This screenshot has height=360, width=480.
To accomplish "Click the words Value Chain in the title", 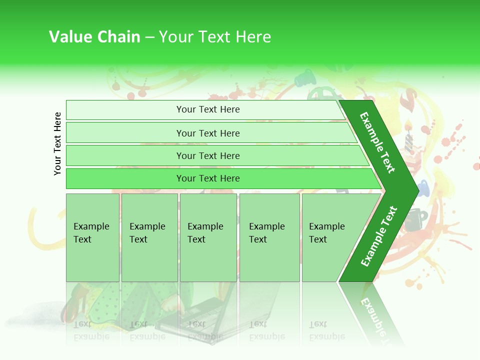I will [x=94, y=37].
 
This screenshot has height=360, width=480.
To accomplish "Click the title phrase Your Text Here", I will [x=215, y=37].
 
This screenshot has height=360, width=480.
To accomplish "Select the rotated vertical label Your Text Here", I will [x=57, y=143].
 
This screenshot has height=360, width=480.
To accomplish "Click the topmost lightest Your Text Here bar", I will [x=208, y=109].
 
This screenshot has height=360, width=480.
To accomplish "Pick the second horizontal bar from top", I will [x=208, y=133].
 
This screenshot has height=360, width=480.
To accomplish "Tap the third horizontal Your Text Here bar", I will [x=208, y=155].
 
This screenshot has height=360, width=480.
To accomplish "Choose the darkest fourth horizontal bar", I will [x=208, y=178].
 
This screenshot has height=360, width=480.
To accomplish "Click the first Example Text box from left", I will [x=92, y=237].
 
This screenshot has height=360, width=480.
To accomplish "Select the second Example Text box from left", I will [x=149, y=237].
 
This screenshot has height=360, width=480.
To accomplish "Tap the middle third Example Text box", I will [x=208, y=237].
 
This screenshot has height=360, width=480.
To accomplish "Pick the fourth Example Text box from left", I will [x=269, y=237].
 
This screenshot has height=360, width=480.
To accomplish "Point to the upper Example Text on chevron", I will [x=377, y=142].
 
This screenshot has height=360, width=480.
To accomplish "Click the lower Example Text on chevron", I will [x=378, y=236].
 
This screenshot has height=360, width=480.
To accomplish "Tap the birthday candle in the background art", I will [x=408, y=135].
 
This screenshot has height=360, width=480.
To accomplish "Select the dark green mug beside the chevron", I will [x=415, y=220].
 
